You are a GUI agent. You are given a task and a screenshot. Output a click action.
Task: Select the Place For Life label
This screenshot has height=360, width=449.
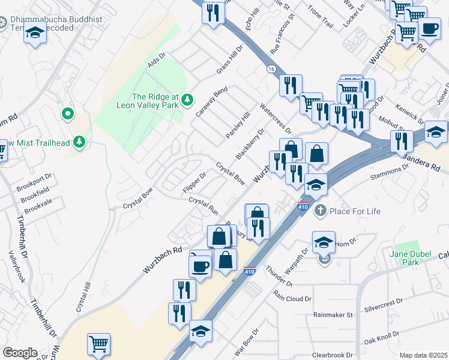pos(354,211)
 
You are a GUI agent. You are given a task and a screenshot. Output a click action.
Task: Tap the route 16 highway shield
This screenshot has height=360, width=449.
pos(271,69)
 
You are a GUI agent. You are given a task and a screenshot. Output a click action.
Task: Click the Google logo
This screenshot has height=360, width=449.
pos(20,353)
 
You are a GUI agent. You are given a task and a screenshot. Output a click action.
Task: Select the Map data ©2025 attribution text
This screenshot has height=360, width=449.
pos(423,355)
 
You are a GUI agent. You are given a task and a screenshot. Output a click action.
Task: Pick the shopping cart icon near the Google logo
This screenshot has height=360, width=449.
pos(98,344)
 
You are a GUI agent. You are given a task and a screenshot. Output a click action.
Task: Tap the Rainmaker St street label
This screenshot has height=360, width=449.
pos(333,314)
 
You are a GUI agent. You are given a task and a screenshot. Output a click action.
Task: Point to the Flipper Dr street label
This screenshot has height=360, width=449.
pos(194,183)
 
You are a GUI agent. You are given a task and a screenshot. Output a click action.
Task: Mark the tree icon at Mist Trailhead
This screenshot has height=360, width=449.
pos(79,142)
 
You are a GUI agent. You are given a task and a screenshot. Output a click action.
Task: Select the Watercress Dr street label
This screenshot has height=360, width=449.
pos(275,118)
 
